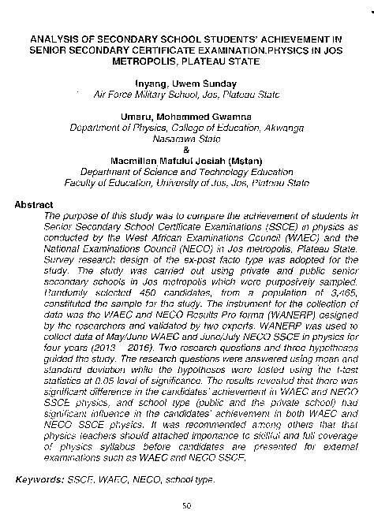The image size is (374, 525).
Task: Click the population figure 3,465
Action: click(x=343, y=289)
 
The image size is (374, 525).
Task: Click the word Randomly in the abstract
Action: click(x=71, y=289)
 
